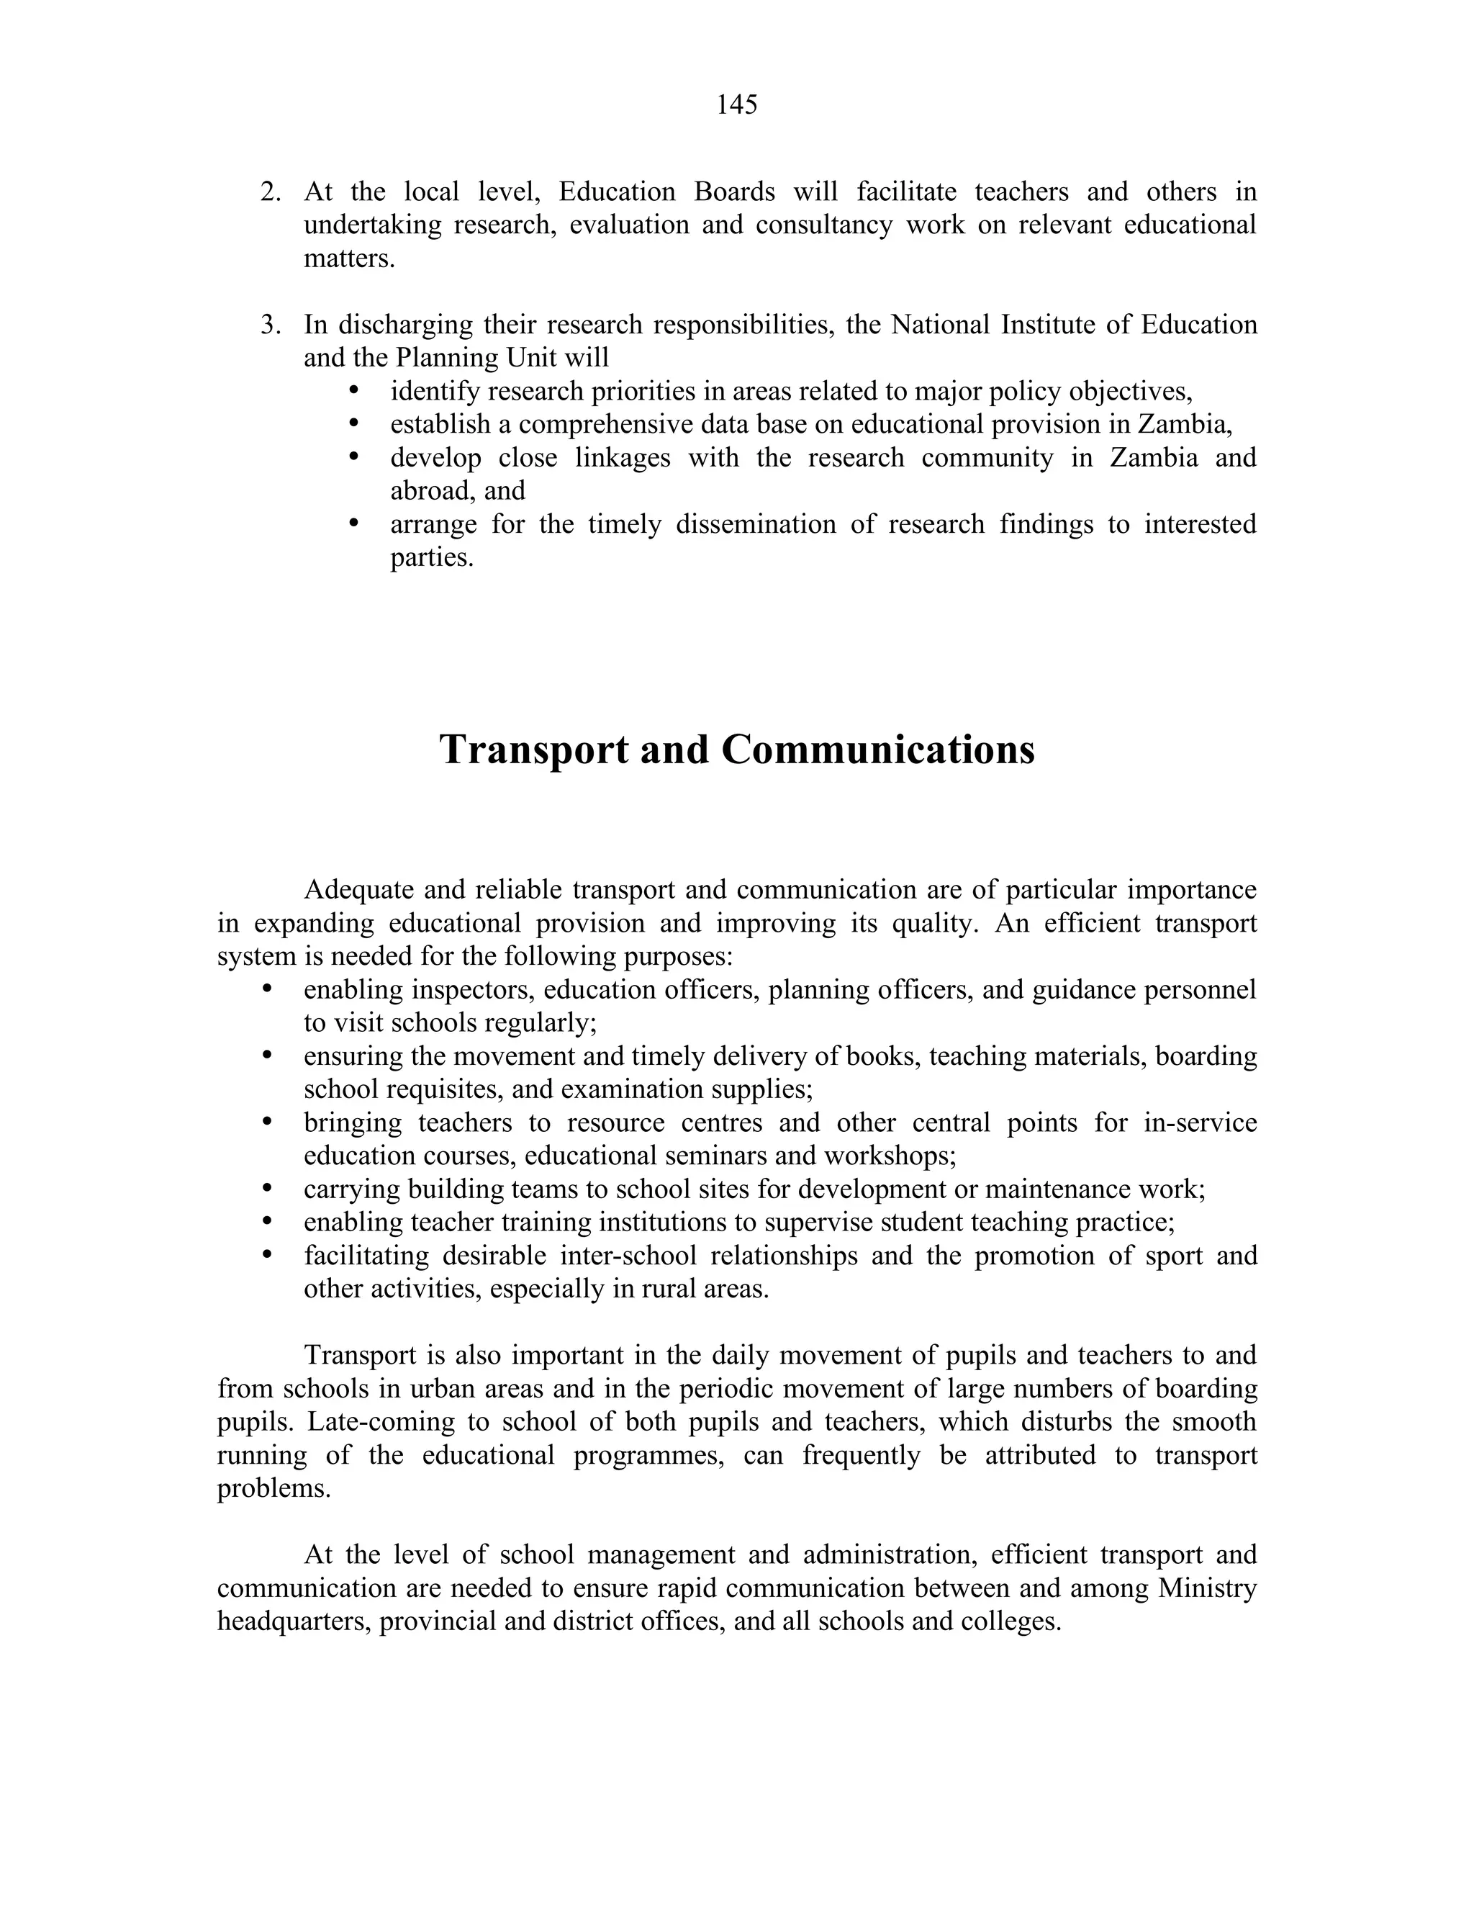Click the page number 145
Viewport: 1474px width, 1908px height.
pyautogui.click(x=736, y=105)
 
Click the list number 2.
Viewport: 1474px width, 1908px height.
pyautogui.click(x=270, y=192)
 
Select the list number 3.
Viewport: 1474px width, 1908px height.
pyautogui.click(x=270, y=325)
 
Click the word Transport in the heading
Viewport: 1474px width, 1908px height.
pyautogui.click(x=533, y=750)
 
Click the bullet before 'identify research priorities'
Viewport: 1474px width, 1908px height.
pyautogui.click(x=353, y=390)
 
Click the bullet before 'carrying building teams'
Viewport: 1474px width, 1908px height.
pyautogui.click(x=267, y=1188)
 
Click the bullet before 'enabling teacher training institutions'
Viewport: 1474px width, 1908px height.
pyautogui.click(x=267, y=1221)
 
